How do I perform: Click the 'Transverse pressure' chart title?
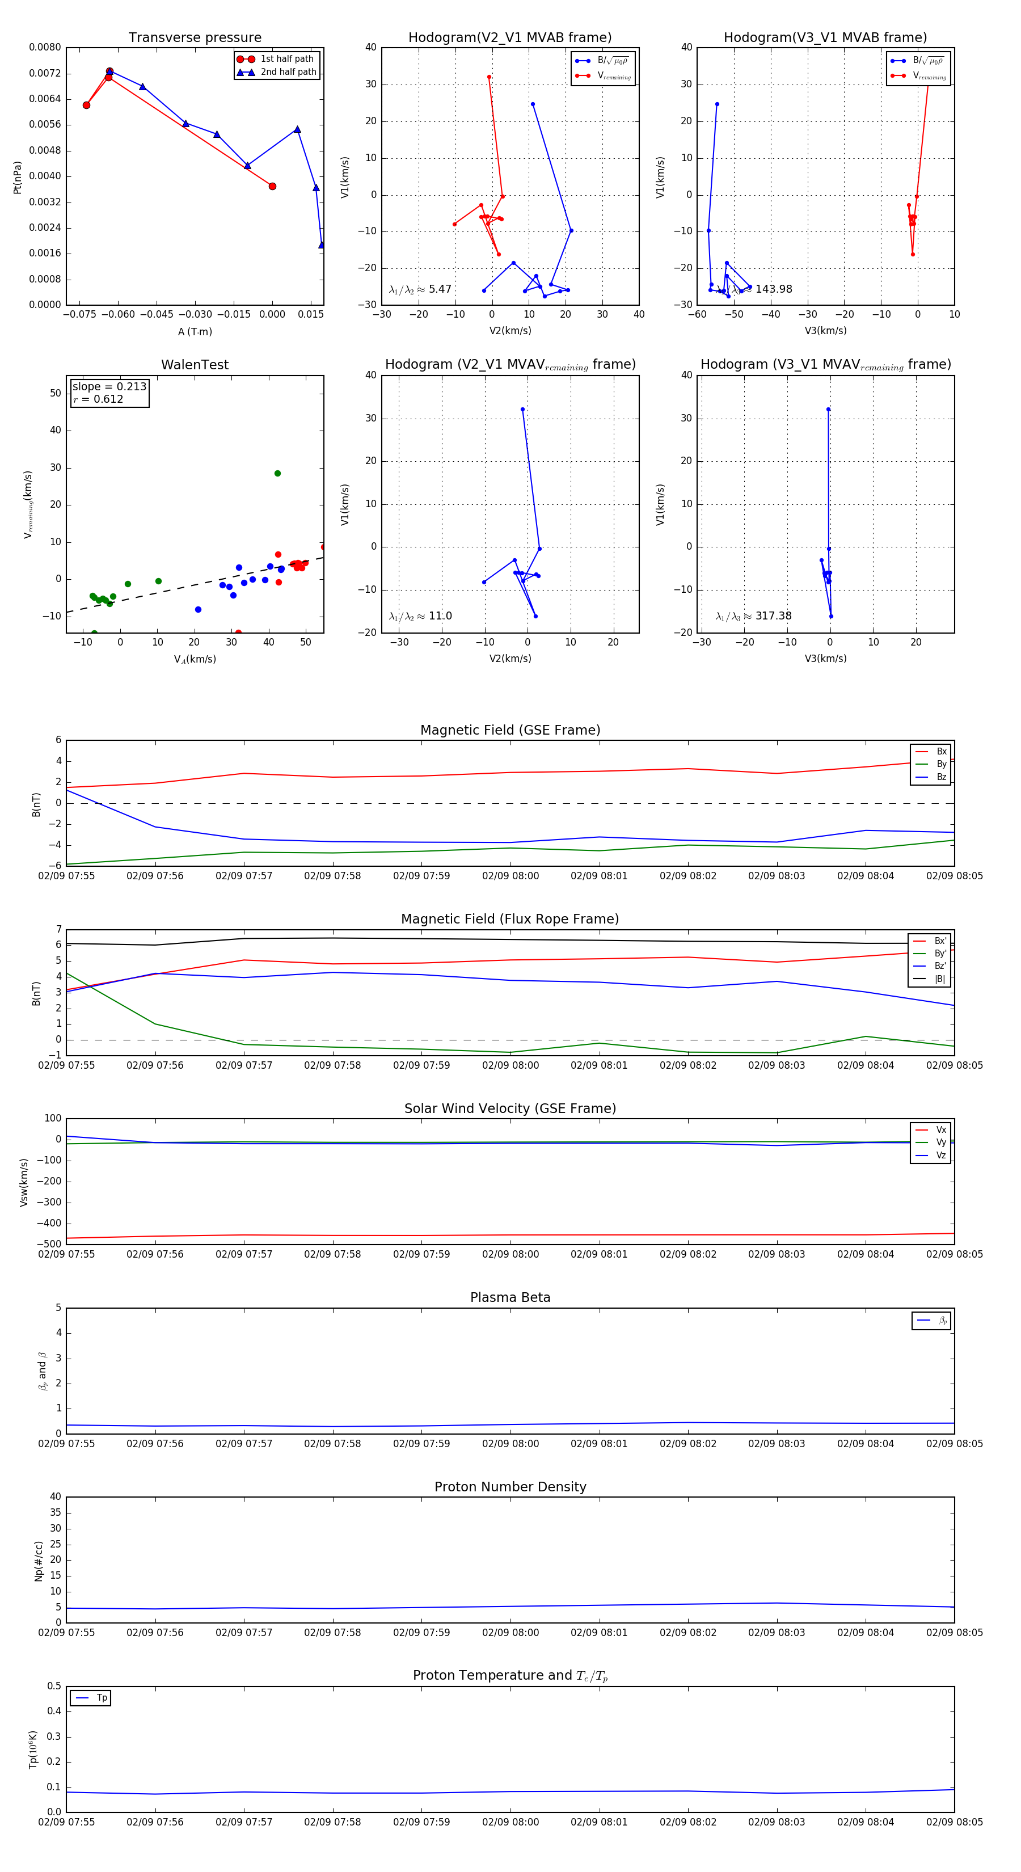[195, 38]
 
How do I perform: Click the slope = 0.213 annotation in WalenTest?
[109, 387]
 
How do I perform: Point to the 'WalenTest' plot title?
[195, 365]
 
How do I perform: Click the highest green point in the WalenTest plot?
[277, 474]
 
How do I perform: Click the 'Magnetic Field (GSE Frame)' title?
[510, 730]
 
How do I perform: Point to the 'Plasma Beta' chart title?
[510, 1298]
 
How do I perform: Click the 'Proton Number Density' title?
[510, 1487]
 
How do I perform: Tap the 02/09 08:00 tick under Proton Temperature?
[510, 1822]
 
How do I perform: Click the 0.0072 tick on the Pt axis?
[45, 73]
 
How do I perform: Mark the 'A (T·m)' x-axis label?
[195, 332]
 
